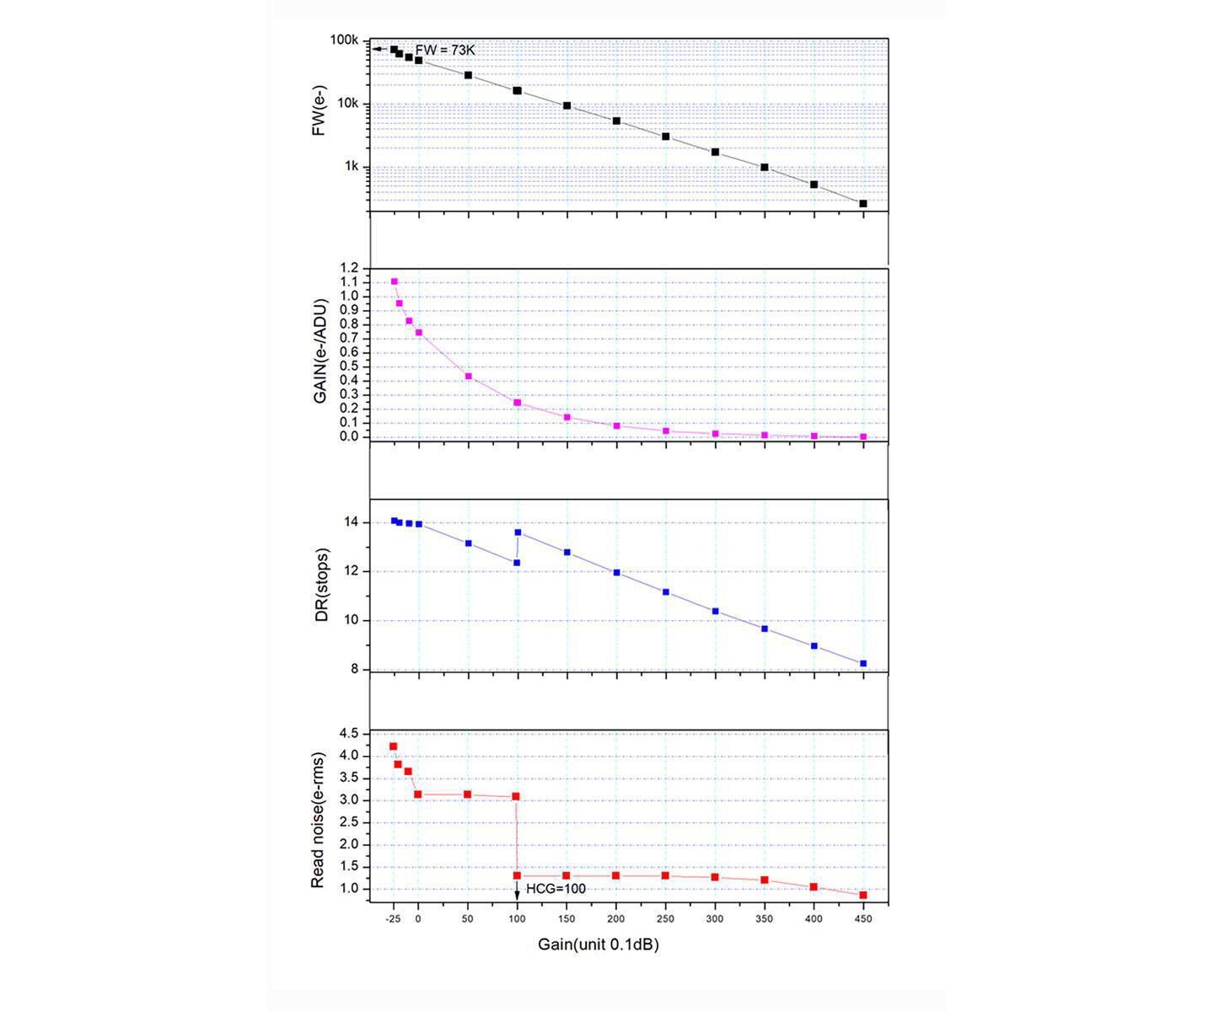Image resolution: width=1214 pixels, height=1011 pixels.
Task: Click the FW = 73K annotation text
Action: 445,51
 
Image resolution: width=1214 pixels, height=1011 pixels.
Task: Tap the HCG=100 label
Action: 556,889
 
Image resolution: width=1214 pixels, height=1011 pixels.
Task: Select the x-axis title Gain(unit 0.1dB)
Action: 599,944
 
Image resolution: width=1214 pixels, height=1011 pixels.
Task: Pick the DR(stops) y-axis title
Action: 321,585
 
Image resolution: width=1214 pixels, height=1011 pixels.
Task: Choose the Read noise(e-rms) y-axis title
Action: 318,816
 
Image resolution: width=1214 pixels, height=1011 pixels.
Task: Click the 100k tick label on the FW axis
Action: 346,40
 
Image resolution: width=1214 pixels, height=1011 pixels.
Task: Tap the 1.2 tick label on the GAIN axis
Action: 350,269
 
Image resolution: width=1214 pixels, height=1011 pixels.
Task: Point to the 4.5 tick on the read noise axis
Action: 350,734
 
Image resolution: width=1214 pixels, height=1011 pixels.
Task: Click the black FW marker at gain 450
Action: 863,204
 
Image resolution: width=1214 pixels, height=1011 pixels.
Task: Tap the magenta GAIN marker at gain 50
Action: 469,377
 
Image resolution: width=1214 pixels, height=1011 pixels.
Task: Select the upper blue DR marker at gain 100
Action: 518,532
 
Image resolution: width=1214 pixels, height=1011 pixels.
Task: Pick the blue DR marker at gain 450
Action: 863,664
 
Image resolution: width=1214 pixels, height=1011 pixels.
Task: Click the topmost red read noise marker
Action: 393,746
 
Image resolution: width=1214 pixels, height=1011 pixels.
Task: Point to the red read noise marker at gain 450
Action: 863,895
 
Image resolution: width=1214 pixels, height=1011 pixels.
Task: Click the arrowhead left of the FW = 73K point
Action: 375,50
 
